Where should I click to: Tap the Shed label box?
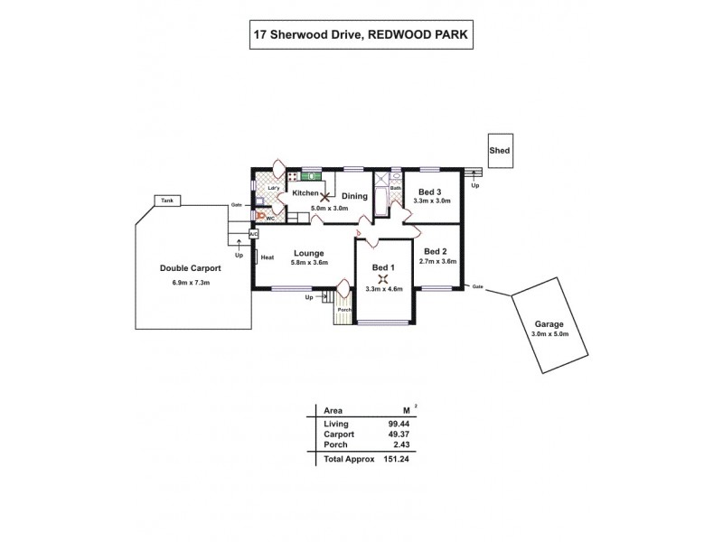click(x=499, y=151)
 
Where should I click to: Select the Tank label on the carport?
click(x=165, y=201)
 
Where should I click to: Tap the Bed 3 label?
click(x=429, y=192)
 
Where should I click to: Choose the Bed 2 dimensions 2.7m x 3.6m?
click(x=438, y=262)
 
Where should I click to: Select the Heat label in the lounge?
click(x=268, y=257)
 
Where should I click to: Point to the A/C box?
click(x=254, y=234)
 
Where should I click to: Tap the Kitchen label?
click(x=305, y=193)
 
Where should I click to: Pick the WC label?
click(x=269, y=218)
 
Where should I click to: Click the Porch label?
click(x=343, y=311)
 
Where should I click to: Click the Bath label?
click(x=395, y=188)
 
